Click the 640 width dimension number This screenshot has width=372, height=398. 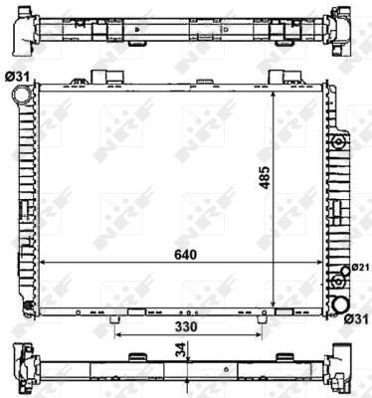tap(184, 254)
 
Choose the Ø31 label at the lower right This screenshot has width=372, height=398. tap(356, 318)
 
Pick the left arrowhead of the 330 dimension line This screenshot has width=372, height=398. tap(119, 335)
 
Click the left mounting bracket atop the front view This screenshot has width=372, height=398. tap(100, 77)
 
